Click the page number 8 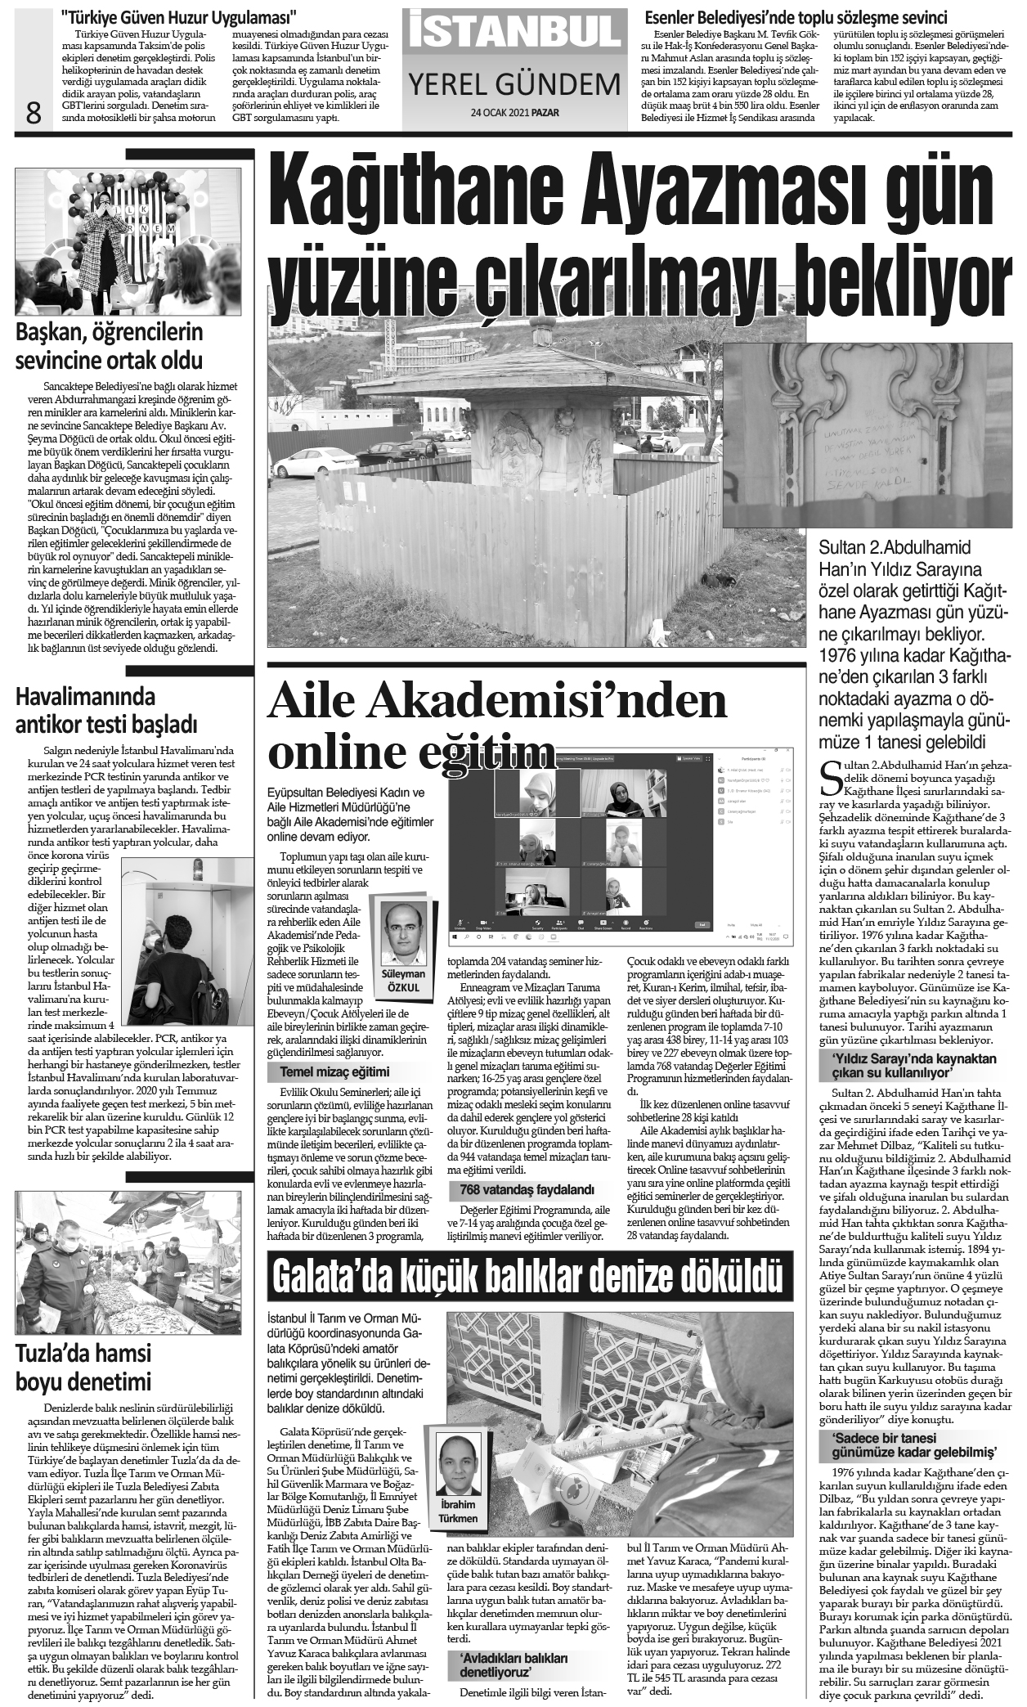[34, 112]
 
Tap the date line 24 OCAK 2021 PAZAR [514, 113]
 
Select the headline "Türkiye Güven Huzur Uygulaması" [179, 16]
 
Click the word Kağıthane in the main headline [409, 191]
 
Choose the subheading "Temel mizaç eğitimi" [334, 1071]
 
